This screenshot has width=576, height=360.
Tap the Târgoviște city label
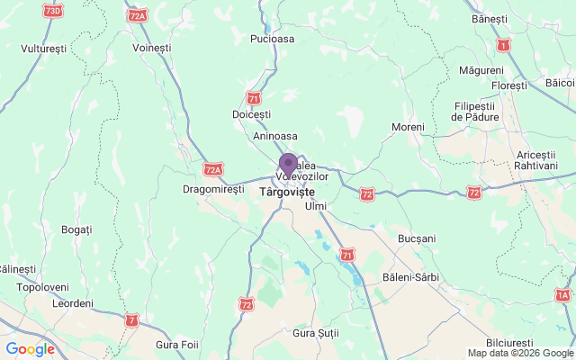pyautogui.click(x=287, y=193)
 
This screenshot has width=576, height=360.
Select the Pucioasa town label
pyautogui.click(x=273, y=40)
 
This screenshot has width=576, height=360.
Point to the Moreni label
pyautogui.click(x=408, y=128)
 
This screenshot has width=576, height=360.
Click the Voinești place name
pyautogui.click(x=151, y=47)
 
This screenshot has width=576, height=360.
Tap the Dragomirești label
pyautogui.click(x=213, y=190)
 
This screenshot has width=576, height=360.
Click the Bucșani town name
pyautogui.click(x=417, y=239)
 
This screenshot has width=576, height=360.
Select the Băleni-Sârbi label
pyautogui.click(x=410, y=276)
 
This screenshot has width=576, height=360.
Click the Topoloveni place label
pyautogui.click(x=43, y=288)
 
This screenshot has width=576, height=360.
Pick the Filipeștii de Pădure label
pyautogui.click(x=476, y=112)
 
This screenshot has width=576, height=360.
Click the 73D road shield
pyautogui.click(x=54, y=10)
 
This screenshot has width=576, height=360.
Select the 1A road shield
pyautogui.click(x=563, y=294)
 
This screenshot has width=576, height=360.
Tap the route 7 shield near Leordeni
pyautogui.click(x=133, y=319)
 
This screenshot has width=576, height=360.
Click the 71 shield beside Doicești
pyautogui.click(x=254, y=97)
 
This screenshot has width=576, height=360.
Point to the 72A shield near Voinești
pyautogui.click(x=138, y=16)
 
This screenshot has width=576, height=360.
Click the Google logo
pyautogui.click(x=30, y=349)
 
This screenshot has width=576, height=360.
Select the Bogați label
pyautogui.click(x=76, y=230)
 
